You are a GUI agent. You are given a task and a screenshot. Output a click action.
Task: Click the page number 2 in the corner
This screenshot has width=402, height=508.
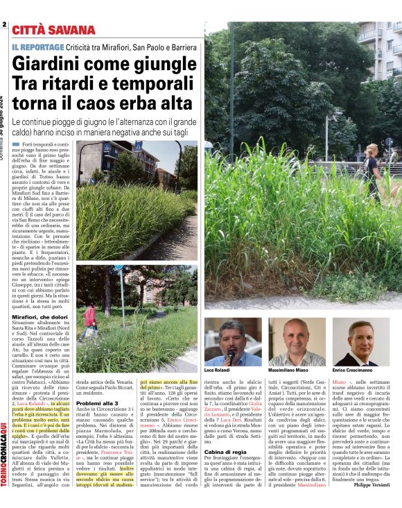pyautogui.click(x=4, y=25)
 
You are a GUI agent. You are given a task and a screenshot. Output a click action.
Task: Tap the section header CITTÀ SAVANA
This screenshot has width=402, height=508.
pyautogui.click(x=52, y=30)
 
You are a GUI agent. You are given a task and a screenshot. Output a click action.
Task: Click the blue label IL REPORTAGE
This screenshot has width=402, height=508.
pyautogui.click(x=38, y=46)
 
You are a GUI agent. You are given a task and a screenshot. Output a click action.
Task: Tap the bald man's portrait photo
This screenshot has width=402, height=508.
pyautogui.click(x=297, y=341)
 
